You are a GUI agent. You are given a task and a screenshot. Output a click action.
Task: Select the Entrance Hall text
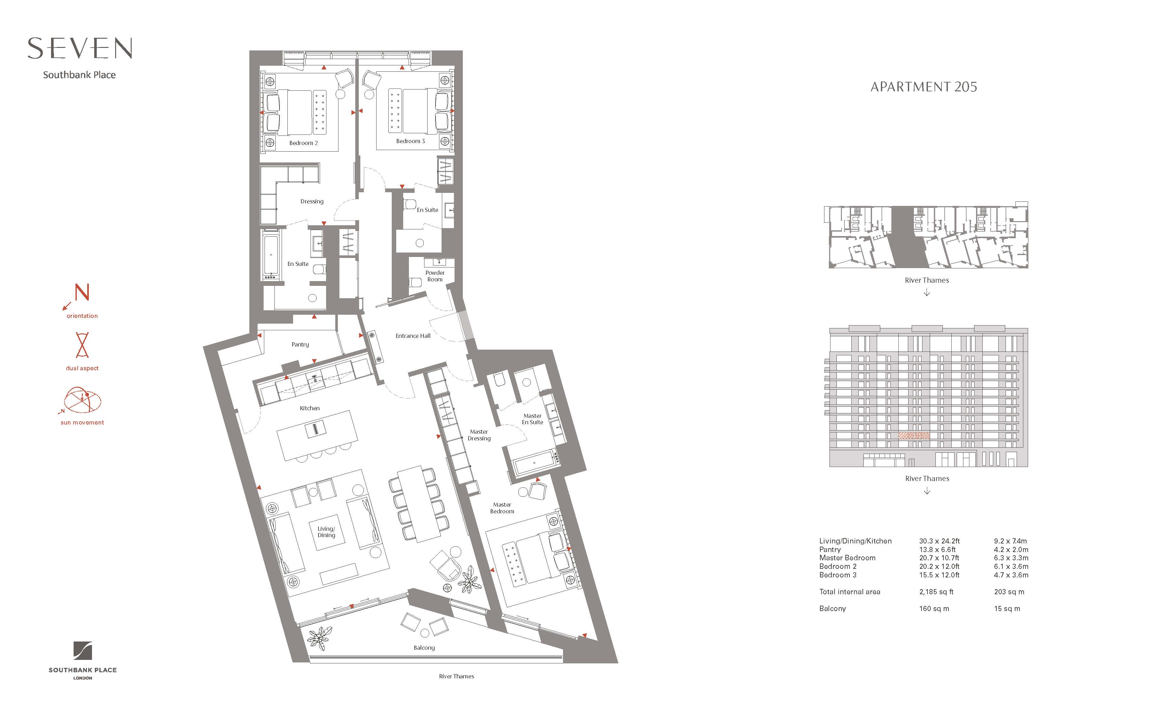point(413,336)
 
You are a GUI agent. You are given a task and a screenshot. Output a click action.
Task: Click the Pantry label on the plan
point(300,345)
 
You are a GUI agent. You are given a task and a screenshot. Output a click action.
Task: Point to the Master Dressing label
point(479,435)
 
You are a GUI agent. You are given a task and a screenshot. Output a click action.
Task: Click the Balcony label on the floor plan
point(424,648)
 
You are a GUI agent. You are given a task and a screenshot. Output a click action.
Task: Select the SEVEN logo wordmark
point(80,49)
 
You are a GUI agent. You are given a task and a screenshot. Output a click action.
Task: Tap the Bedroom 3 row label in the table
point(838,575)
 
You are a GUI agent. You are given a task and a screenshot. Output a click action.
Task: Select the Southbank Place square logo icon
point(82,651)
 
